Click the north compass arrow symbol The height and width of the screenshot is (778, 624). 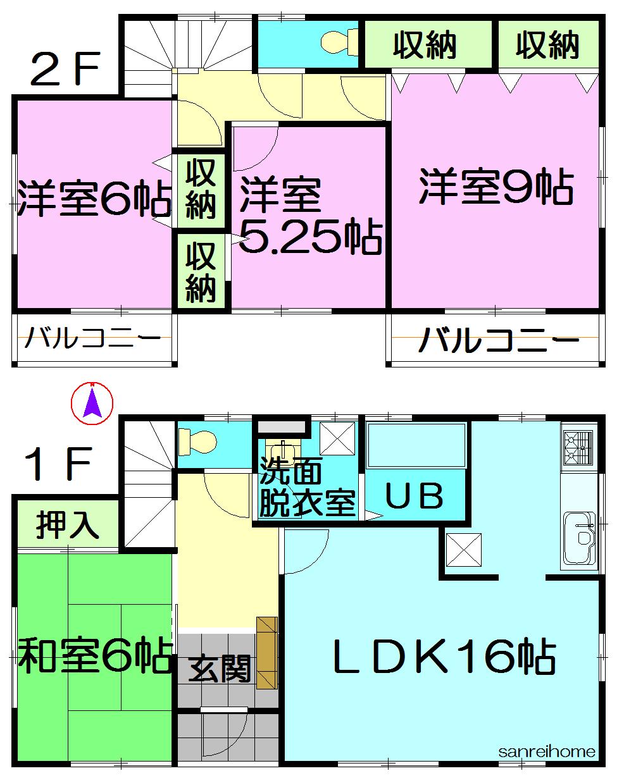92,404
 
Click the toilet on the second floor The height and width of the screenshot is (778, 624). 339,42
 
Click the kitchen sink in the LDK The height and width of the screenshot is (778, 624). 580,536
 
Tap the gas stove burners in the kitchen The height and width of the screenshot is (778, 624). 578,447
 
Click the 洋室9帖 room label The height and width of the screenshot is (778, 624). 496,188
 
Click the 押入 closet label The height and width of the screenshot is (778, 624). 67,525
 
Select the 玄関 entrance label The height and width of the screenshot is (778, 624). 220,669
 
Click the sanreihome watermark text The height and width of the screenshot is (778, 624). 547,751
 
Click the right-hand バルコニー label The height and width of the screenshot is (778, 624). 499,342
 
